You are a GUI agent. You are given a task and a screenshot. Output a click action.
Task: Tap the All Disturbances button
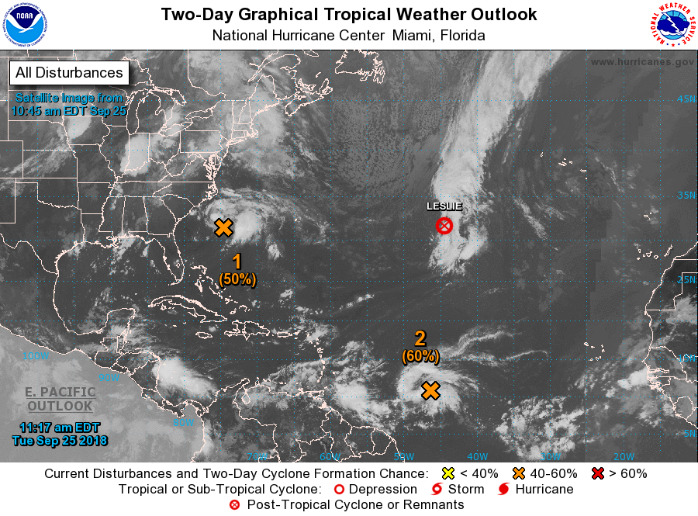[x=69, y=73]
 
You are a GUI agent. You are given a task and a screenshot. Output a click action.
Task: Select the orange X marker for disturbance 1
[x=223, y=227]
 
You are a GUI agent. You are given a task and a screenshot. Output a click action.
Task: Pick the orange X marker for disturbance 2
[x=431, y=390]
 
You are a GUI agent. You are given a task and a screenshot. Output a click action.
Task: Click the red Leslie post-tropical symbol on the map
[x=444, y=226]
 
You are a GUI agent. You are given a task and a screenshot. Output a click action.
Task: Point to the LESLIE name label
[x=444, y=206]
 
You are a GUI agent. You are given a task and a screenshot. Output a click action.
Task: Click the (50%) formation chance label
[x=237, y=279]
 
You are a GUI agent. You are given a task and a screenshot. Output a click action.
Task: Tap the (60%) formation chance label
[x=420, y=356]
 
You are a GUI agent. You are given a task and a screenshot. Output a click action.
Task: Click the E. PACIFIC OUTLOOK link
[x=60, y=399]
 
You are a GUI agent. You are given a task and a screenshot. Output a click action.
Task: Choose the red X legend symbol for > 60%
[x=597, y=473]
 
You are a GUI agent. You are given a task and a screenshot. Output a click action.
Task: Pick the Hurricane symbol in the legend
[x=503, y=490]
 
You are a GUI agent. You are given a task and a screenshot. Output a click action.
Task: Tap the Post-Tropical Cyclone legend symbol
[x=234, y=505]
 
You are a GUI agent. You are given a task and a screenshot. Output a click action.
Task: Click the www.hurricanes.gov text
[x=641, y=62]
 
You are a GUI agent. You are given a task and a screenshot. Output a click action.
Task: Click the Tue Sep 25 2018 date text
[x=60, y=441]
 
